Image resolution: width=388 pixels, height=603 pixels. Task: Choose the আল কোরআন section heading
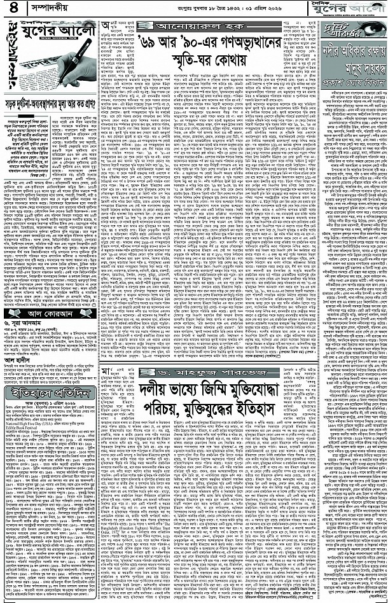tap(39, 296)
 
